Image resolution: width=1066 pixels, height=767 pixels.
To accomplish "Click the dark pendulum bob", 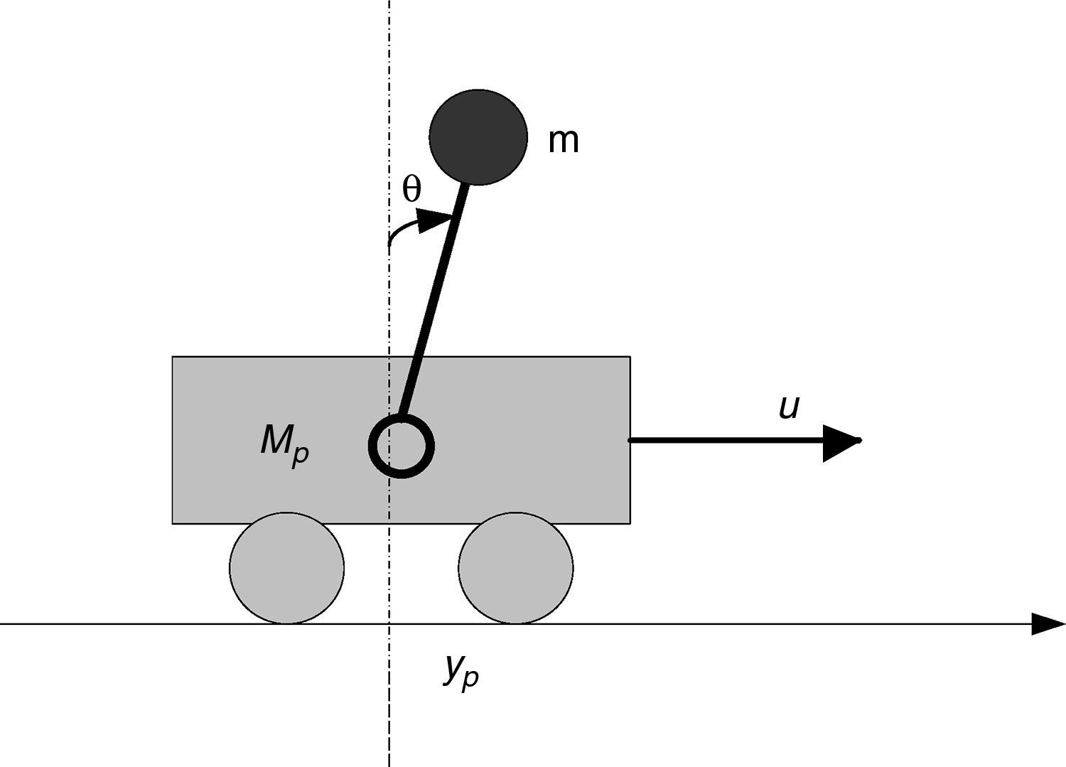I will pyautogui.click(x=478, y=137).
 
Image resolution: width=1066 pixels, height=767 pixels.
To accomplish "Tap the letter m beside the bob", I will pyautogui.click(x=564, y=141).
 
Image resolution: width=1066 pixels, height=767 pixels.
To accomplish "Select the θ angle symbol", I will pyautogui.click(x=411, y=190).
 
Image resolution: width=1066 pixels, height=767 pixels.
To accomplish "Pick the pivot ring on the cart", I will pyautogui.click(x=402, y=447).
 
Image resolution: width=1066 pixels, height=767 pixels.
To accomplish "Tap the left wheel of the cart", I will pyautogui.click(x=286, y=568).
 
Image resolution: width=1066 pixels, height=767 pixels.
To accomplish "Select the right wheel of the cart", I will pyautogui.click(x=515, y=568).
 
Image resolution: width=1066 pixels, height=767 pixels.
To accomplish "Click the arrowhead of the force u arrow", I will pyautogui.click(x=841, y=441).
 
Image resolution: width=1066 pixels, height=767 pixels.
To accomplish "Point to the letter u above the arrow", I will pyautogui.click(x=789, y=407).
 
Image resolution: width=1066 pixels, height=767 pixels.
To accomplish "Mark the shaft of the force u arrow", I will pyautogui.click(x=725, y=441).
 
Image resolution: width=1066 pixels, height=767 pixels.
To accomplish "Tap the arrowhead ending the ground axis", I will pyautogui.click(x=1048, y=624).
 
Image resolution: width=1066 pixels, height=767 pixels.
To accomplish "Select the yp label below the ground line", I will pyautogui.click(x=461, y=670).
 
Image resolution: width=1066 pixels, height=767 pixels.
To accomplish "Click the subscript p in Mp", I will pyautogui.click(x=301, y=455).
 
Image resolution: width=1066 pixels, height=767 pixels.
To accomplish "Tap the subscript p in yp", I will pyautogui.click(x=470, y=679).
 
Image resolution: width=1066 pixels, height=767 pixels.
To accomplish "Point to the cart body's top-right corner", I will pyautogui.click(x=630, y=357).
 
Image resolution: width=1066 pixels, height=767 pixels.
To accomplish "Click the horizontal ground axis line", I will pyautogui.click(x=782, y=624).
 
